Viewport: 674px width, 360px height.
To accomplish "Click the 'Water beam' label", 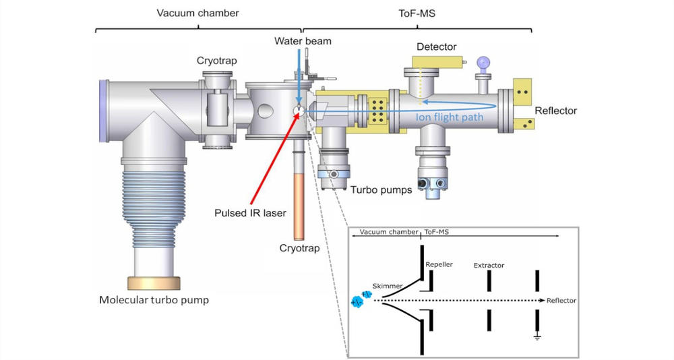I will [303, 42].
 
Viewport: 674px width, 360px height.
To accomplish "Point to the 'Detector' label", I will [436, 47].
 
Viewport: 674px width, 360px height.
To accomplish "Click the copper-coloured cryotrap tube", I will [299, 203].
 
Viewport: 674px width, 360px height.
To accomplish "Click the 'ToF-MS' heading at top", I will [417, 13].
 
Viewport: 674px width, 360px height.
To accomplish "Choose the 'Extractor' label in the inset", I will [489, 266].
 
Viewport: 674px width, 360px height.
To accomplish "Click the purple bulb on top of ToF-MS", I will [482, 63].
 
